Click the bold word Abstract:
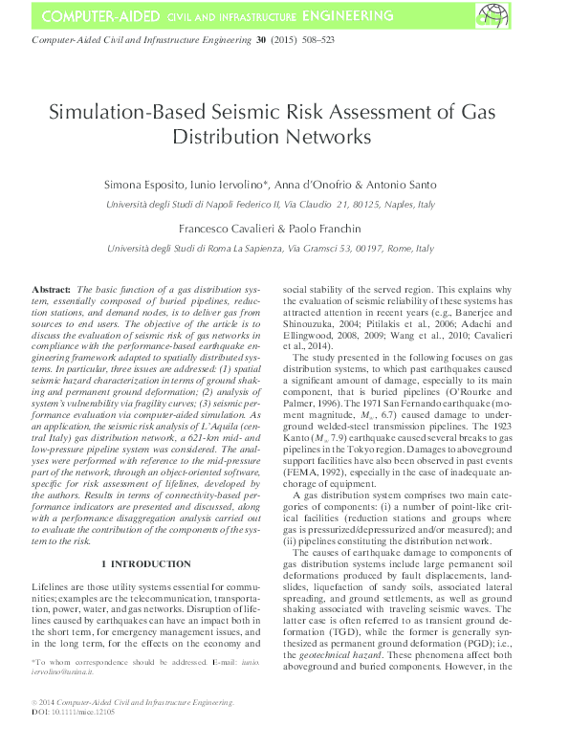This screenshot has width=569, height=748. coord(52,288)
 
